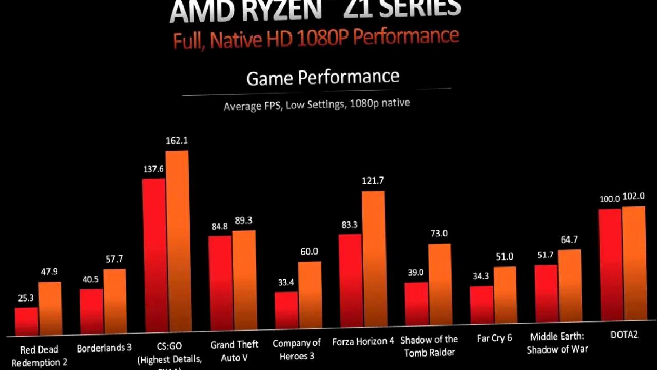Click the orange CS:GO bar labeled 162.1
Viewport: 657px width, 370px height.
(x=177, y=242)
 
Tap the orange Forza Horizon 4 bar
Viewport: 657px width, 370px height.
(x=373, y=260)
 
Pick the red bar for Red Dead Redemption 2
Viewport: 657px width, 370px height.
(x=26, y=321)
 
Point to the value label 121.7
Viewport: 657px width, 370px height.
(x=373, y=181)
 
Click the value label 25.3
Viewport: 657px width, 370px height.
(x=26, y=298)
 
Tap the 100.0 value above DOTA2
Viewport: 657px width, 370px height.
(x=609, y=199)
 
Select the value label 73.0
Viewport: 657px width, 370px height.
(x=439, y=234)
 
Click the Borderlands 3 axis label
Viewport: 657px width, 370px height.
(x=104, y=348)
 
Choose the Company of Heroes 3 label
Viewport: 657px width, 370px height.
(x=297, y=349)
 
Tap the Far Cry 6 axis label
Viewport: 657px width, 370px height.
(x=494, y=339)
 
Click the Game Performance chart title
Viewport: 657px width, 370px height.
(x=323, y=78)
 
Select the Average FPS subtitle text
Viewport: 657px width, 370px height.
(x=317, y=105)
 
